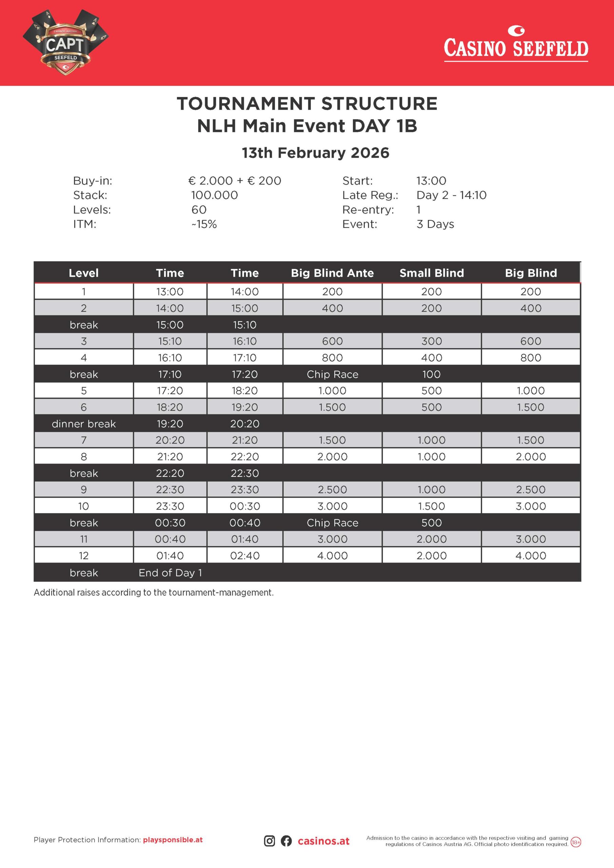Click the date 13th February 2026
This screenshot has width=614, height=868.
click(x=315, y=153)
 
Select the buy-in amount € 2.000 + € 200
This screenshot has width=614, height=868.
click(x=234, y=181)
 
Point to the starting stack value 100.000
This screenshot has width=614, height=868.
click(x=214, y=195)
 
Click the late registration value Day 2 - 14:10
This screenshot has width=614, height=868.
click(x=451, y=195)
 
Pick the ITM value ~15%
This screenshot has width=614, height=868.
click(x=204, y=224)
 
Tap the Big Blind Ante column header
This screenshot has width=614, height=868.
click(x=332, y=273)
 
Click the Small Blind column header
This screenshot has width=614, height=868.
click(x=431, y=273)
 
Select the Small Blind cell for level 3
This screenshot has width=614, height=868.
click(x=431, y=341)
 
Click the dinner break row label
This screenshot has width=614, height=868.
click(x=83, y=424)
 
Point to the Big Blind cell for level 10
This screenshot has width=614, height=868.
click(x=531, y=506)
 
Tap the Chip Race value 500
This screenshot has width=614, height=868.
click(x=431, y=523)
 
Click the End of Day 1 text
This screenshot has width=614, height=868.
click(x=170, y=573)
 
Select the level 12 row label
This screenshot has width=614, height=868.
click(x=83, y=556)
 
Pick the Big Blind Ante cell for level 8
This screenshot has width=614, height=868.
click(x=332, y=457)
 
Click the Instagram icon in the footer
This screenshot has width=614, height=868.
click(x=269, y=851)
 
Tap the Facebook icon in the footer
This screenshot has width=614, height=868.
click(x=286, y=851)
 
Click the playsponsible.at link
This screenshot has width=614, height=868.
click(x=173, y=850)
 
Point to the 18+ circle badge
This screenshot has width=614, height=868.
click(x=575, y=853)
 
